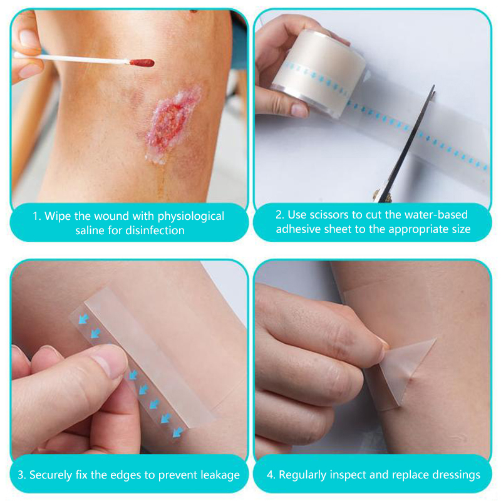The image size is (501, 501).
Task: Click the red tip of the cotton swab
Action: click(142, 63)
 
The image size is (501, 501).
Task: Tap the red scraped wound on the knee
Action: click(171, 125)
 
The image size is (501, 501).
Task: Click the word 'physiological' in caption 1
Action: click(191, 217)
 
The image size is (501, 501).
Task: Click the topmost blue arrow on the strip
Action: click(84, 318)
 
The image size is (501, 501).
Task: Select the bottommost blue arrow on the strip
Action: click(178, 432)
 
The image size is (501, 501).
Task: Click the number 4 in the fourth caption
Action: click(271, 475)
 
